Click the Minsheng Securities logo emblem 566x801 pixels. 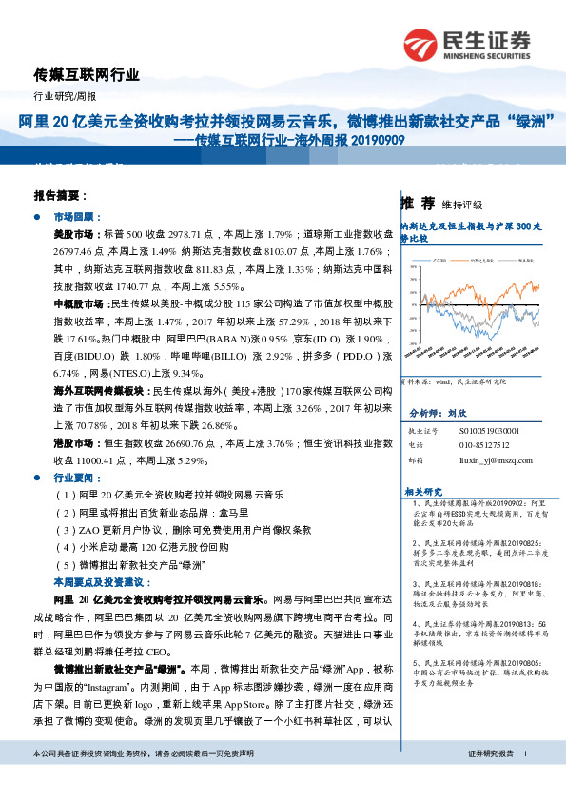420,44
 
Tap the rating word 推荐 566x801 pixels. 418,203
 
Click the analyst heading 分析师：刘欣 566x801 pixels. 441,415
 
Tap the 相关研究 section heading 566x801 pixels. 420,491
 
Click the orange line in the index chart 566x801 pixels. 514,285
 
